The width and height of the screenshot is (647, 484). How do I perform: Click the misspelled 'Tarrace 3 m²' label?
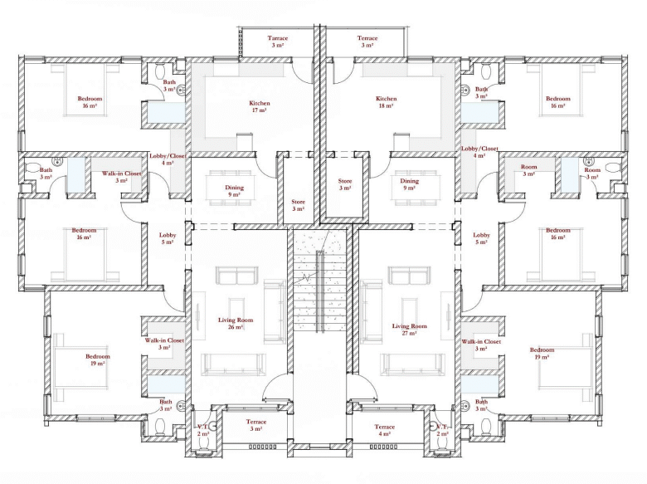(x=278, y=42)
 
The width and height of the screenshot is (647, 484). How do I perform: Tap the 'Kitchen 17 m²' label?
(x=260, y=106)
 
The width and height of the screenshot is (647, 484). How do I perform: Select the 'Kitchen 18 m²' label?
(x=387, y=102)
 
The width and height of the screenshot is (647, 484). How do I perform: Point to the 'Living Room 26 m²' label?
(x=236, y=323)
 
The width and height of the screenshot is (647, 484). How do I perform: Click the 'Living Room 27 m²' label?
(x=409, y=329)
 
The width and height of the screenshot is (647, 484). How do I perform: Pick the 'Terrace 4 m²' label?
(x=385, y=430)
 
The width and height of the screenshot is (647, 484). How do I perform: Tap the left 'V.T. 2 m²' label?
(x=203, y=430)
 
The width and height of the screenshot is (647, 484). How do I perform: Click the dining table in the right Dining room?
(x=409, y=188)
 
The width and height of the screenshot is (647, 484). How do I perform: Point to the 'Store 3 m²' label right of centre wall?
(x=345, y=184)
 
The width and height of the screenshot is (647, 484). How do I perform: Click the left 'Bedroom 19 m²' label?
(x=98, y=359)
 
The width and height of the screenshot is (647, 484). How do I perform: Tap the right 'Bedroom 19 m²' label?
(x=542, y=353)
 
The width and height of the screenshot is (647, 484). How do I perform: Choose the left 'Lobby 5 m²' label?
(x=168, y=238)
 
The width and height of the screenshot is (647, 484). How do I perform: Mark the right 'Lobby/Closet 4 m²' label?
(x=479, y=152)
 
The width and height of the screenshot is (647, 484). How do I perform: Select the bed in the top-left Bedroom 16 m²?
(x=85, y=90)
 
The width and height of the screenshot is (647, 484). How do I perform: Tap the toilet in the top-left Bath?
(x=159, y=71)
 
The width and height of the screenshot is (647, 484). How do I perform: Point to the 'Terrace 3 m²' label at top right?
(x=367, y=42)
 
